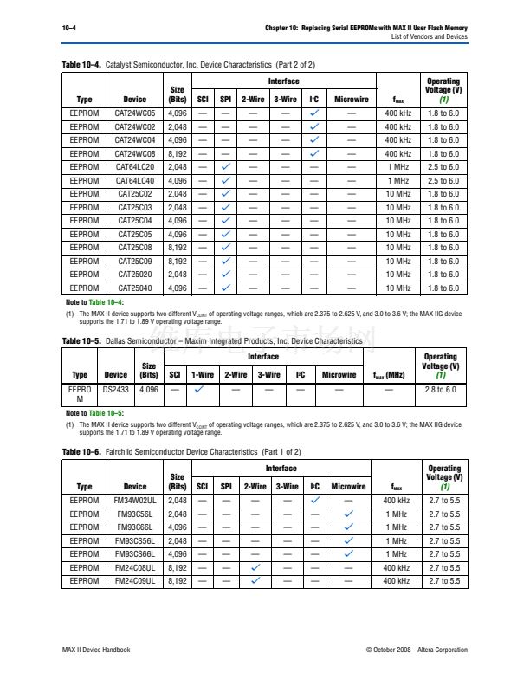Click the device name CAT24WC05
click(135, 113)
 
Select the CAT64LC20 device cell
click(135, 167)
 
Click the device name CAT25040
click(135, 288)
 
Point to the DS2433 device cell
click(115, 391)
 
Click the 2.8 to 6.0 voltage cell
click(441, 391)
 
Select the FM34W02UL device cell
click(135, 500)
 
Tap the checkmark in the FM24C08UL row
click(256, 567)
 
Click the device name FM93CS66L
click(135, 553)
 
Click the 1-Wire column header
click(202, 375)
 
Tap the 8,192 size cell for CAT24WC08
click(177, 153)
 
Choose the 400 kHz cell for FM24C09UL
click(397, 580)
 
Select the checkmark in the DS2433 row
click(201, 391)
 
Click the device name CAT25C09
click(135, 261)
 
